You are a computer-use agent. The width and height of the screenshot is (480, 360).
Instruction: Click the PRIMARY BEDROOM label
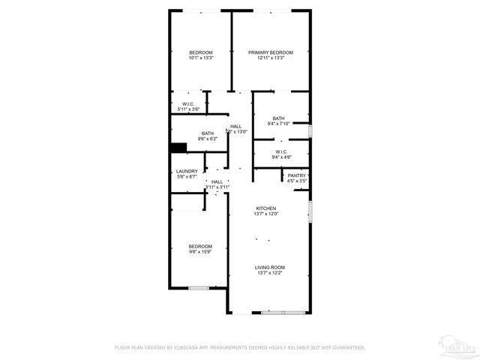[x=270, y=52]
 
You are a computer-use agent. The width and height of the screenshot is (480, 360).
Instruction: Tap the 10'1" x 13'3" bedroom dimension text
[x=200, y=58]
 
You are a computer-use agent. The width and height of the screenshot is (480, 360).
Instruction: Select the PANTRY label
[x=297, y=175]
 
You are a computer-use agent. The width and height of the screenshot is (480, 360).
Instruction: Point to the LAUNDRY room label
[x=187, y=172]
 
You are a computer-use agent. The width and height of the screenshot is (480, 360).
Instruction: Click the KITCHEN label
[x=266, y=208]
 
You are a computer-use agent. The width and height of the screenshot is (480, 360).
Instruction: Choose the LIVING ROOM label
[x=269, y=267]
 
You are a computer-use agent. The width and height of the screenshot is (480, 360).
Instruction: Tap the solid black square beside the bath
[x=178, y=147]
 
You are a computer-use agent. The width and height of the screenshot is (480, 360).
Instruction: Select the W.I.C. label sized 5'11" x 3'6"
[x=188, y=103]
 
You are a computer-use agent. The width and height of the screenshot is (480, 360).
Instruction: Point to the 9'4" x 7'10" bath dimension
[x=279, y=124]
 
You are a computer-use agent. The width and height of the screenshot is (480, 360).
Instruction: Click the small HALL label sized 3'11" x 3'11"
[x=217, y=181]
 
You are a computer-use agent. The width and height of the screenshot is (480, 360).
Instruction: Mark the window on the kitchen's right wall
[x=310, y=211]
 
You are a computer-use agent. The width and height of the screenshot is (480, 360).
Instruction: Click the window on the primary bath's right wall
[x=310, y=131]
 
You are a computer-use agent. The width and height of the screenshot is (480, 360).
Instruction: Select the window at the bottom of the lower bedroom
[x=198, y=288]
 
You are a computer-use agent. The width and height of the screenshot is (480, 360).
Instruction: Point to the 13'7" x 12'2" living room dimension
[x=269, y=273]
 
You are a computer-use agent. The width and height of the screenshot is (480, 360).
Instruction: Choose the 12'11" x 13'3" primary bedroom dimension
[x=270, y=58]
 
